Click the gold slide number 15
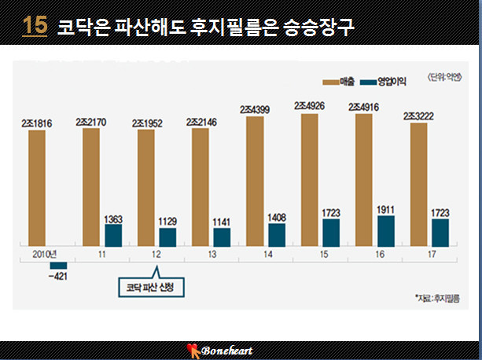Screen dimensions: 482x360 [x=35, y=25]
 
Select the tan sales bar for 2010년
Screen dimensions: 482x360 [x=37, y=188]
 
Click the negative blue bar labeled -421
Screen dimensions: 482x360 [x=58, y=266]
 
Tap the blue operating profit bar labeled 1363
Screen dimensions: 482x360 [x=113, y=235]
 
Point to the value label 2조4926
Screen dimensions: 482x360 [x=309, y=106]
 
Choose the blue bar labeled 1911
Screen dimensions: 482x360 [x=386, y=231]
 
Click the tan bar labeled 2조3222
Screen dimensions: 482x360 [x=418, y=185]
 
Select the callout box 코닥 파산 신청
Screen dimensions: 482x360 [x=151, y=288]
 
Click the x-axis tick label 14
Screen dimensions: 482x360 [x=268, y=255]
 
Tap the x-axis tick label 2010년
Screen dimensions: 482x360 [x=45, y=255]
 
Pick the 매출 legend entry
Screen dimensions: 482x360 [x=338, y=82]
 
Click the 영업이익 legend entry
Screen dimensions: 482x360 [x=383, y=82]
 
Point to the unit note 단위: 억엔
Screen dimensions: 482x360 [x=445, y=77]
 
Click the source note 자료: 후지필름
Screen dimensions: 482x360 [x=437, y=298]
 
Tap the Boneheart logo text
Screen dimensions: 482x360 [x=227, y=351]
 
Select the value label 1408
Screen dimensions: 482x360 [x=277, y=218]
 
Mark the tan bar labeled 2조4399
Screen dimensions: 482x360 [x=255, y=182]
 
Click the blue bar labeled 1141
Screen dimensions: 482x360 [x=222, y=237]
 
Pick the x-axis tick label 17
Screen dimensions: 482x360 [x=432, y=255]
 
